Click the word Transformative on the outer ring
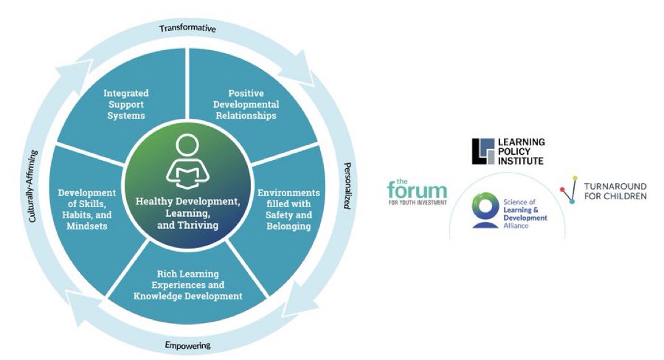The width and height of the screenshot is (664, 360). click(x=187, y=28)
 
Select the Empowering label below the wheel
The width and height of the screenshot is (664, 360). click(x=188, y=345)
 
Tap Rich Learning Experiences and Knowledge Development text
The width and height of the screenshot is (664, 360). click(x=187, y=285)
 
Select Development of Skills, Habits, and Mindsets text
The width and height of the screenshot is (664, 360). click(x=87, y=209)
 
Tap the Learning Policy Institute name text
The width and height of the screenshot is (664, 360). click(x=521, y=152)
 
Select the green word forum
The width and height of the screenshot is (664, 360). click(x=417, y=189)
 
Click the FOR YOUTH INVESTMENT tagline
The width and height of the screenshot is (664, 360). click(x=417, y=202)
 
